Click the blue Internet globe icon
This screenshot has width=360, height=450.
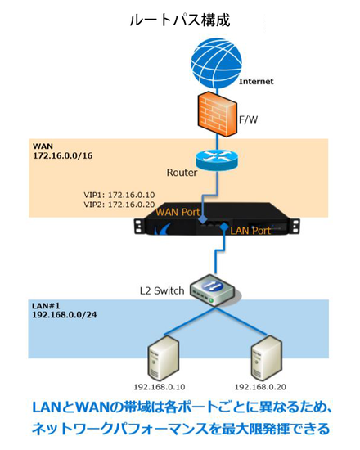tap(217, 63)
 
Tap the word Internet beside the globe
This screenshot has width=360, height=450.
tap(256, 82)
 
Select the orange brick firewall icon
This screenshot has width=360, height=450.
tap(218, 115)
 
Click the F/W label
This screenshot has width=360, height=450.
tap(249, 119)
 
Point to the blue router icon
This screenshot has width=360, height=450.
tap(217, 160)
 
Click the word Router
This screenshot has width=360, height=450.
tap(182, 173)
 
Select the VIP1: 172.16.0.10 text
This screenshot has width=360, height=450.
tap(119, 195)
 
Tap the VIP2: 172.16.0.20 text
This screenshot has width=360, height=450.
tap(119, 205)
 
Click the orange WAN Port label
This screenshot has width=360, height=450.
tap(178, 213)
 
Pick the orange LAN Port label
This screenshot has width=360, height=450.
tap(250, 231)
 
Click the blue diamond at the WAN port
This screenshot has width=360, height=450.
tap(203, 220)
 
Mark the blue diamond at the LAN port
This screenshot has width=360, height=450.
tap(223, 227)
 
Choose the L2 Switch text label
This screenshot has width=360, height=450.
tap(162, 291)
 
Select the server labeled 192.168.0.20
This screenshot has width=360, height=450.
tap(266, 358)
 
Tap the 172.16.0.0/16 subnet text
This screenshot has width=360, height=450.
tap(62, 155)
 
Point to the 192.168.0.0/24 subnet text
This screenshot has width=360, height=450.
tap(65, 315)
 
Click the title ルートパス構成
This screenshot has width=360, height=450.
tap(180, 20)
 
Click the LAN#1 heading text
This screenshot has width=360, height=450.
tap(46, 306)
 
